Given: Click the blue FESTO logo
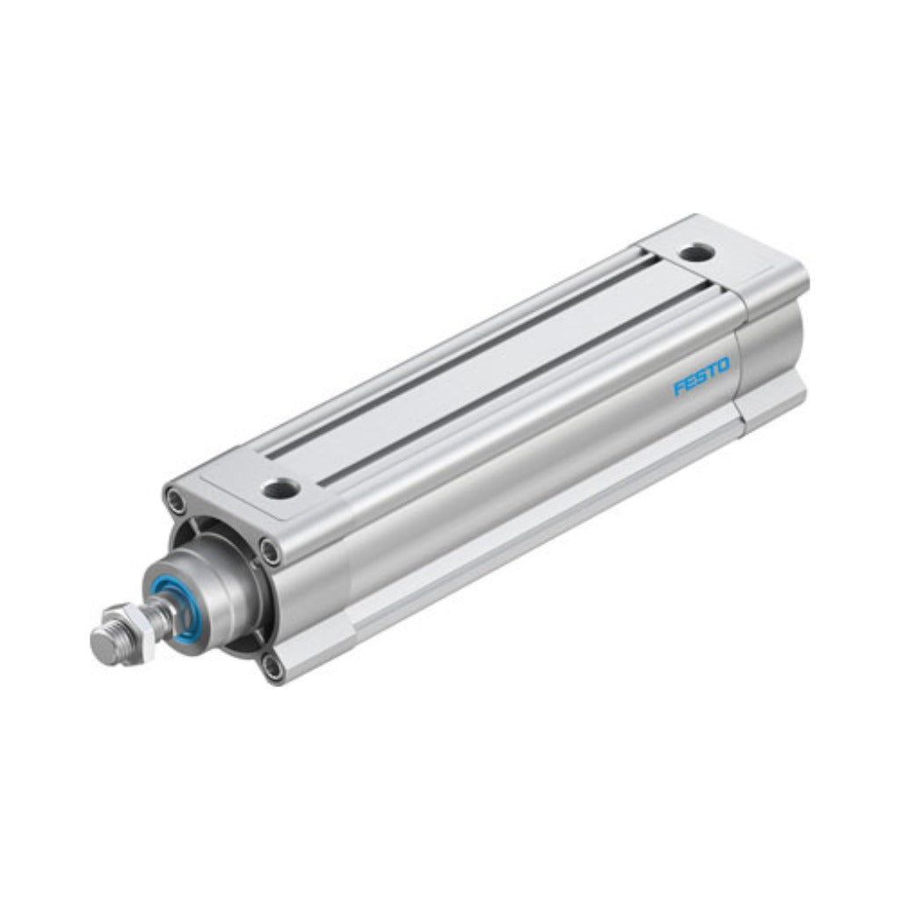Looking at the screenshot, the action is [x=700, y=376].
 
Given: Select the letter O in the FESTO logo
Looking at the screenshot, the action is [x=722, y=365].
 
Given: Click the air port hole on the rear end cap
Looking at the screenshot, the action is [x=696, y=251].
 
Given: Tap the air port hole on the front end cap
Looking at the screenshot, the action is [x=280, y=488].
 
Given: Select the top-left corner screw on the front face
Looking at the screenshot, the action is [x=175, y=499].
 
